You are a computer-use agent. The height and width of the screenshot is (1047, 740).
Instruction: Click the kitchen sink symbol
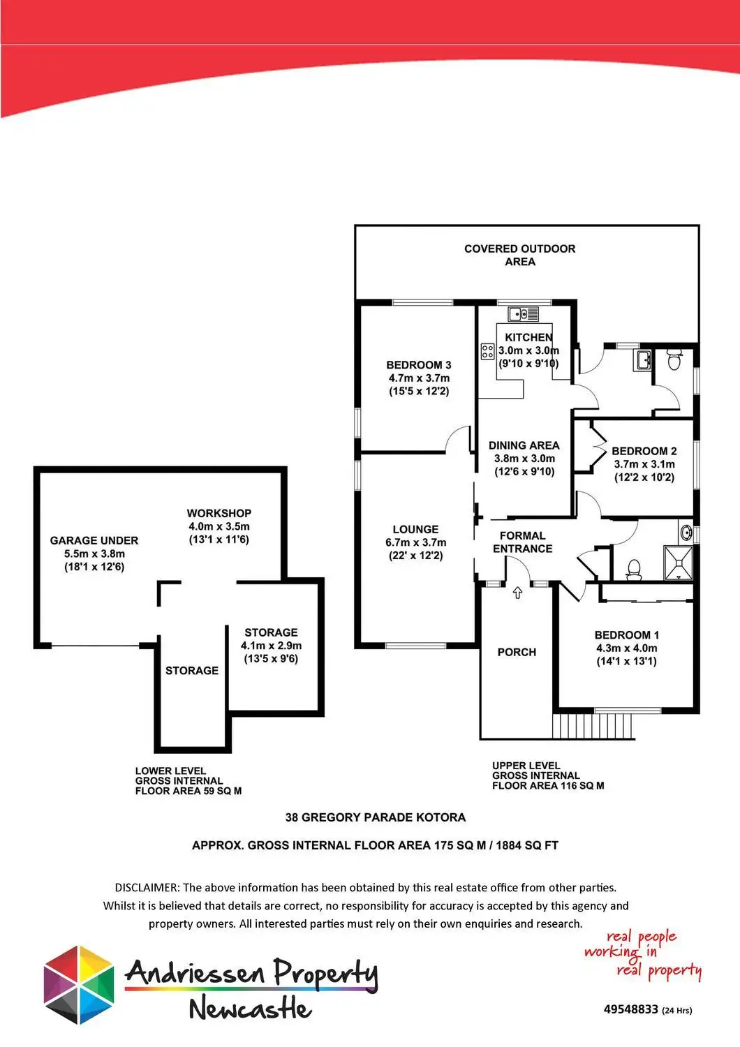(523, 314)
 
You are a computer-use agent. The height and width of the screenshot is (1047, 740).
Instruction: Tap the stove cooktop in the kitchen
(487, 350)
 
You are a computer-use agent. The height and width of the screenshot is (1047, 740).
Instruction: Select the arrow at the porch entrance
(517, 593)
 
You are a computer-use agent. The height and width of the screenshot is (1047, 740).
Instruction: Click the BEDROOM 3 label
(419, 365)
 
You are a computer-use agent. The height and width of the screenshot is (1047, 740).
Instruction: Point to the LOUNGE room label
(415, 529)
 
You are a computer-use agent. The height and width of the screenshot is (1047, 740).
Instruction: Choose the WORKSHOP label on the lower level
(219, 513)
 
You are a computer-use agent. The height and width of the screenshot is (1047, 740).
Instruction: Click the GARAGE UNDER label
(94, 540)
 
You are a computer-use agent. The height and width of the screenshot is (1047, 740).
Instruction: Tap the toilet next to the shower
(634, 569)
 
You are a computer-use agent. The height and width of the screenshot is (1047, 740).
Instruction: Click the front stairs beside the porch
(594, 726)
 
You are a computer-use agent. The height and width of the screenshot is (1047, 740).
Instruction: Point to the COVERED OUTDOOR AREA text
(520, 255)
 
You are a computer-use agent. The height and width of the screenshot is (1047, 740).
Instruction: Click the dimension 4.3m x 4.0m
(626, 648)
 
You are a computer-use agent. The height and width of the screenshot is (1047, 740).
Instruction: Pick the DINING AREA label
(524, 445)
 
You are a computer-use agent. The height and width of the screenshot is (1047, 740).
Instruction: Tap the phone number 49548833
(631, 1009)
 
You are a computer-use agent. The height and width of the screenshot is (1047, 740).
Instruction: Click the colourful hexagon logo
(79, 985)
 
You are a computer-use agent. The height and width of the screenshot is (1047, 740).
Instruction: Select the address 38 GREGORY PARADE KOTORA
(376, 817)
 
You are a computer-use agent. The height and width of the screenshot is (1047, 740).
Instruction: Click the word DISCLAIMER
(146, 888)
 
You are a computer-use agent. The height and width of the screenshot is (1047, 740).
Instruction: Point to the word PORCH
(517, 652)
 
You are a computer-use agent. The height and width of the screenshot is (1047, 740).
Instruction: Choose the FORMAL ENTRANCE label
(522, 542)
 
